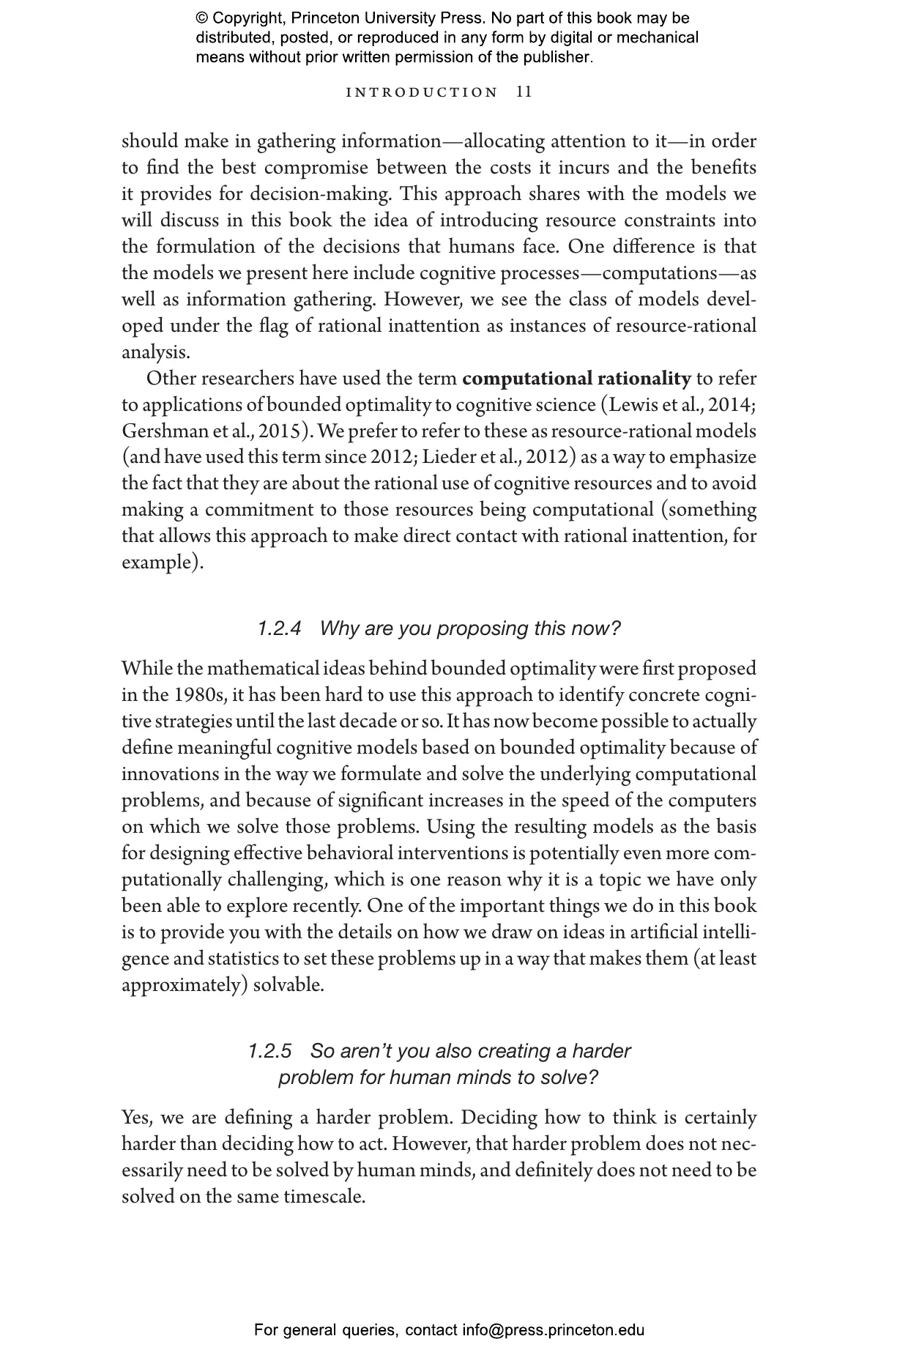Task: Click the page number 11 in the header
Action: point(524,92)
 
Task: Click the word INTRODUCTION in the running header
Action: point(422,92)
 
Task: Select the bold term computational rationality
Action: point(576,379)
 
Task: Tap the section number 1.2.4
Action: point(280,628)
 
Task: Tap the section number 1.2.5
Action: point(269,1051)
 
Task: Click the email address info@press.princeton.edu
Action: point(553,1330)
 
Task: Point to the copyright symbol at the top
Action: point(202,18)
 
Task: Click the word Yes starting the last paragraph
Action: point(137,1118)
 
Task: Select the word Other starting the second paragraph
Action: point(171,379)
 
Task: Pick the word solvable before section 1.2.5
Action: point(289,985)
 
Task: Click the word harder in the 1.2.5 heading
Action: point(601,1051)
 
